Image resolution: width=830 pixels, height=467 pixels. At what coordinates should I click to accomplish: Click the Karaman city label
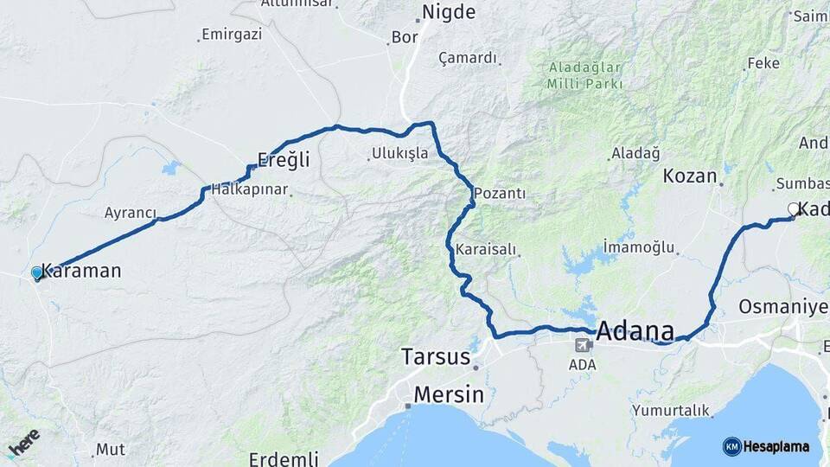pyautogui.click(x=83, y=271)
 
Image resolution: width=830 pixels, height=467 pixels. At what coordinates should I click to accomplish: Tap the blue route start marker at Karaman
pyautogui.click(x=37, y=272)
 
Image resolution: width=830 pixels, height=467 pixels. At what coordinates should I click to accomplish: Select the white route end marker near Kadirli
pyautogui.click(x=793, y=208)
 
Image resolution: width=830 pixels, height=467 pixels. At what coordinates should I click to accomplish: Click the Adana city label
pyautogui.click(x=635, y=331)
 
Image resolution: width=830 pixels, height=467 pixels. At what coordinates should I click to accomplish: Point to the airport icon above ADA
pyautogui.click(x=584, y=345)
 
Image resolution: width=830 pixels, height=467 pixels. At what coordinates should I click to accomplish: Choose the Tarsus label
pyautogui.click(x=436, y=356)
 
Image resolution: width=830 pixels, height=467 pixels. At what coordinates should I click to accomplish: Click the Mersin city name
pyautogui.click(x=449, y=394)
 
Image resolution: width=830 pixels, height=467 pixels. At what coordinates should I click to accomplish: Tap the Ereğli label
pyautogui.click(x=284, y=159)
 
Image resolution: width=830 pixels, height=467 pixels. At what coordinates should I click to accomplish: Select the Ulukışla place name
pyautogui.click(x=399, y=153)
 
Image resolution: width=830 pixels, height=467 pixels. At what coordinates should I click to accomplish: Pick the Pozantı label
pyautogui.click(x=500, y=193)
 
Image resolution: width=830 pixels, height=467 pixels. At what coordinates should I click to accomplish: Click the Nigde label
pyautogui.click(x=448, y=12)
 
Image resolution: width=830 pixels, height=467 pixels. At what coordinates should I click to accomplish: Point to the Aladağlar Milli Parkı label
pyautogui.click(x=584, y=75)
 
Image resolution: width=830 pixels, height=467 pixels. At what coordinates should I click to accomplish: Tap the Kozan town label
pyautogui.click(x=690, y=176)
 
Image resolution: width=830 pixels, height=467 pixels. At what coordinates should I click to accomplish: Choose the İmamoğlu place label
pyautogui.click(x=638, y=247)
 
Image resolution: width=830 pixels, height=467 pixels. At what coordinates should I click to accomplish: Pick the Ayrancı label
pyautogui.click(x=131, y=213)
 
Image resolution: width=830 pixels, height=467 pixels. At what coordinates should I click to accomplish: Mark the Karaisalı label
pyautogui.click(x=486, y=250)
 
